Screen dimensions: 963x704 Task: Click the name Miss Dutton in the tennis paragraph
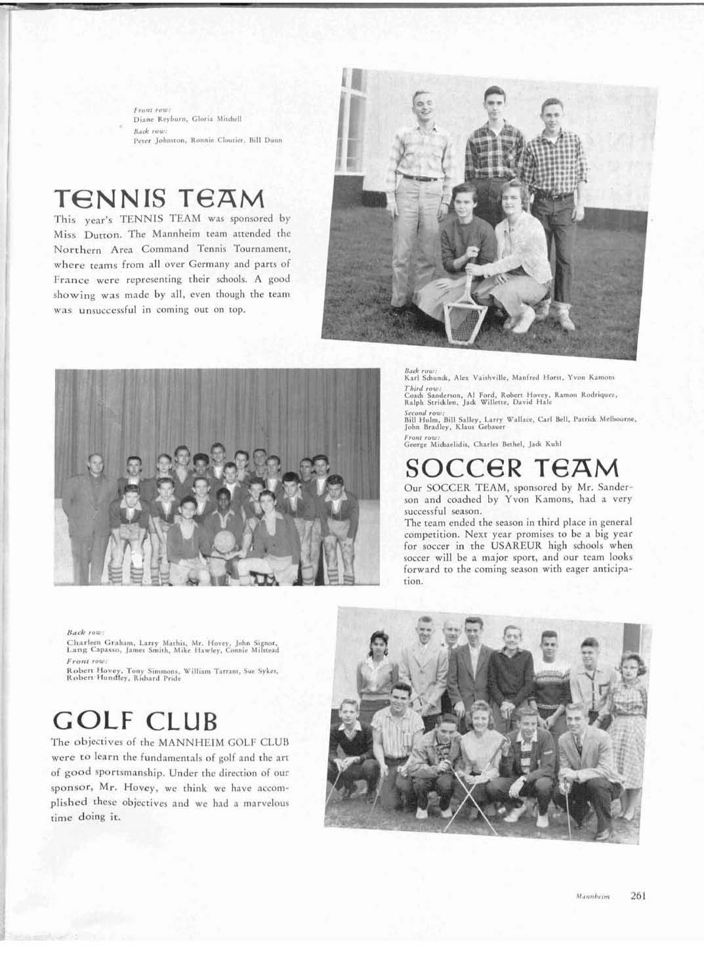(78, 234)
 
